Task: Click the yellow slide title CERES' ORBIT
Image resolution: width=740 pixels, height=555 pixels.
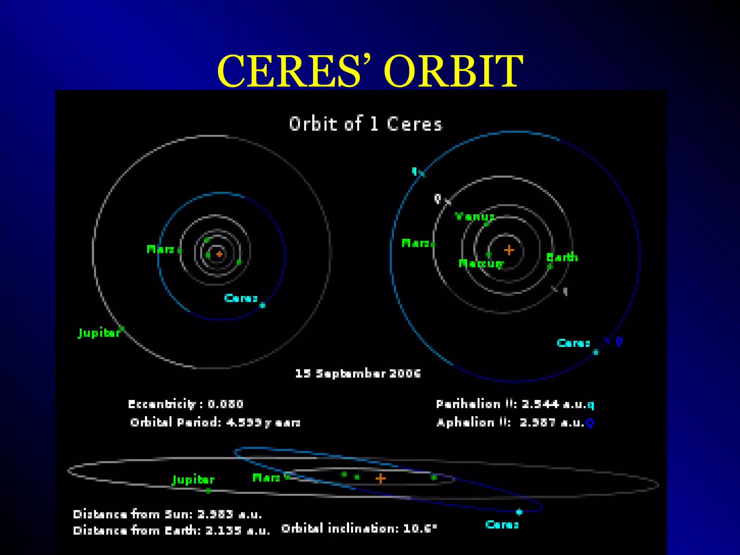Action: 370,71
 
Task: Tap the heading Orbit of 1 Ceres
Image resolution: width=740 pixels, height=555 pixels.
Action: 365,124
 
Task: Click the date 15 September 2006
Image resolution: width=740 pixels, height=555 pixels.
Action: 358,373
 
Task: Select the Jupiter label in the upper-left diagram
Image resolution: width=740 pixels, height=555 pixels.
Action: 99,333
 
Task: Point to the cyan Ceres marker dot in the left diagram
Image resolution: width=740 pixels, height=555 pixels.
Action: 262,305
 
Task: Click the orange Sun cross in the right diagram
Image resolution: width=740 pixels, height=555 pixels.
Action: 509,250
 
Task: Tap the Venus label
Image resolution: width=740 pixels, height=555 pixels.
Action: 474,216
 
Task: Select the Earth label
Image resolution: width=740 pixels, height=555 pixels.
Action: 562,257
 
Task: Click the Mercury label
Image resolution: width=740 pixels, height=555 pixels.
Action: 481,264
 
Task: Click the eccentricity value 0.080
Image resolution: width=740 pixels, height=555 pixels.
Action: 225,404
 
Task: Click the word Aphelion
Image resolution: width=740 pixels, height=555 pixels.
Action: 465,422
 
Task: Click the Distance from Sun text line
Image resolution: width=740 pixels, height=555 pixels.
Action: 167,514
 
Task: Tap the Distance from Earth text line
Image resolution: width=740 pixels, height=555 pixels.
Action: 171,530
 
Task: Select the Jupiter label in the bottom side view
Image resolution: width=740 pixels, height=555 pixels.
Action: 193,479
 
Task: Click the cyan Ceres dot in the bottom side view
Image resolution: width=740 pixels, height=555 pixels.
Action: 519,512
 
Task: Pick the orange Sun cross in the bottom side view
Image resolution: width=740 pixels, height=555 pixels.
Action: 380,478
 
